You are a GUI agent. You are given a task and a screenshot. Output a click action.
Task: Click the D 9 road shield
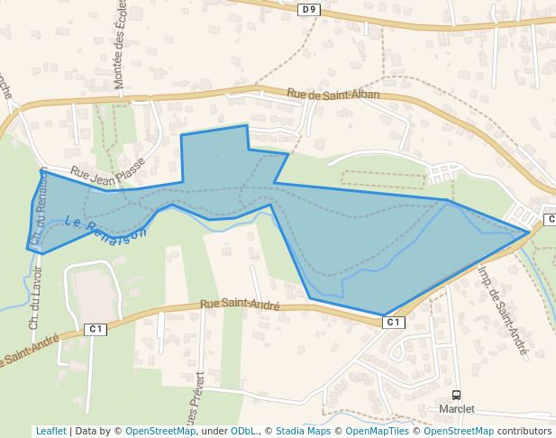pos(309,9)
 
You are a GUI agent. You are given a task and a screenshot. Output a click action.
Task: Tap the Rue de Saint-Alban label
pos(333,94)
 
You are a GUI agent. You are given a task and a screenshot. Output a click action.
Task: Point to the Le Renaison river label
pos(105,226)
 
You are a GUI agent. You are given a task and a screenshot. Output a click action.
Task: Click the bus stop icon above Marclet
pos(457,395)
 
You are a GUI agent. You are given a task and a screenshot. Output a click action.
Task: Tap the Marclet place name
pos(457,408)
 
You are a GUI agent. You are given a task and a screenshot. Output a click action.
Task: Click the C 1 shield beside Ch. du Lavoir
pos(96,329)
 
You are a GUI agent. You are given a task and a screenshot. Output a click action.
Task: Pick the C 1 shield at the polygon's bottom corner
pos(392,322)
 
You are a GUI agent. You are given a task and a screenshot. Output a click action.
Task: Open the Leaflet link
pos(50,432)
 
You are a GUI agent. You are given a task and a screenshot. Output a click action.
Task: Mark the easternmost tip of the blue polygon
pos(529,233)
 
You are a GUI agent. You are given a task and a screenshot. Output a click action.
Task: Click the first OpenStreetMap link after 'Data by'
pos(160,432)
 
